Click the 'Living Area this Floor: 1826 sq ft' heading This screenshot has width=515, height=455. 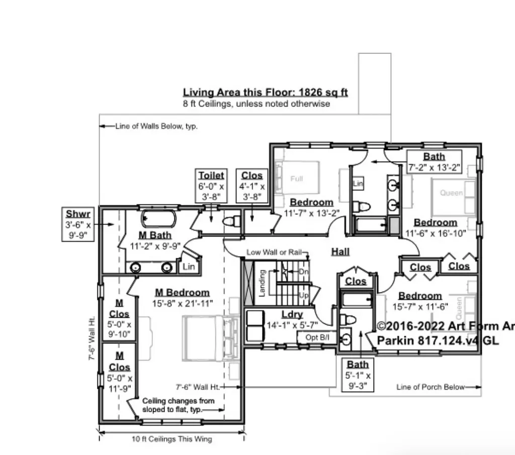pos(265,93)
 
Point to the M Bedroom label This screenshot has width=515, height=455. pos(182,292)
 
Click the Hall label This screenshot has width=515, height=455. pos(340,252)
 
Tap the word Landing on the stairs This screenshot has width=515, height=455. pos(262,283)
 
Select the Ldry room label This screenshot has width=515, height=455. pos(292,315)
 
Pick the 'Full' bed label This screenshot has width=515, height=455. pos(297,179)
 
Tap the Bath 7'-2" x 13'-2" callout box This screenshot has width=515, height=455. pos(434,162)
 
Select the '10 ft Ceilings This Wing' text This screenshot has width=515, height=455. pos(172,439)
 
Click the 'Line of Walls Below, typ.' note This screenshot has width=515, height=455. pos(156,126)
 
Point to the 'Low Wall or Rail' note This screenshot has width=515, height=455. pos(274,252)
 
